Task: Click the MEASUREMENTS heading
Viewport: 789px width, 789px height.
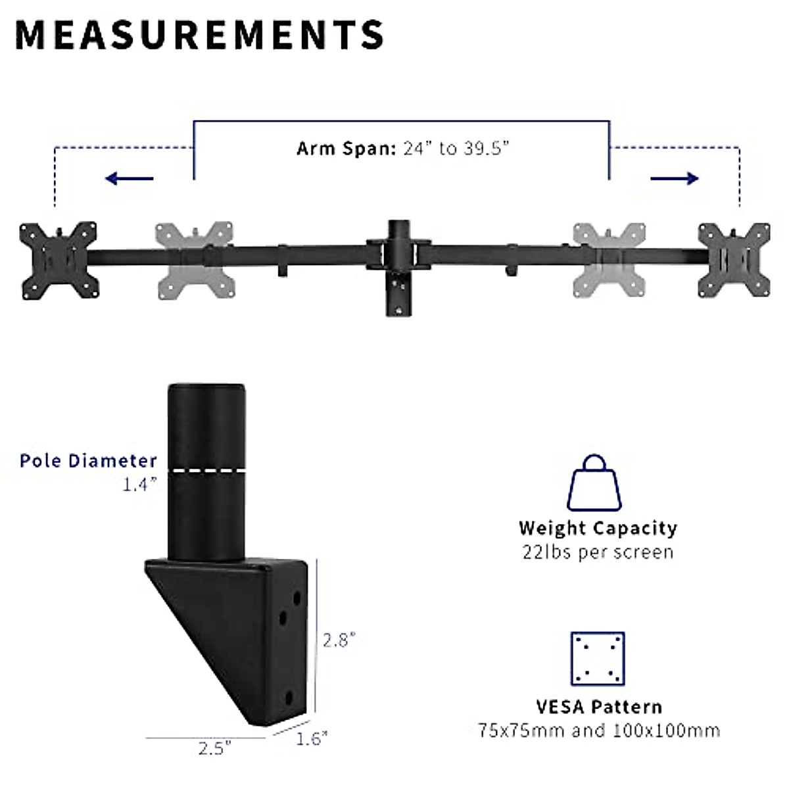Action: pos(199,35)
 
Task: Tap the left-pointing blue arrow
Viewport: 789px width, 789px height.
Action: pos(129,178)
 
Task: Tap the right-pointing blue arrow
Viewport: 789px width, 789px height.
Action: pos(675,178)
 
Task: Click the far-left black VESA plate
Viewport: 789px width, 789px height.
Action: pos(59,259)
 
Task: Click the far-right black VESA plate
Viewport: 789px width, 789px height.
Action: pos(733,260)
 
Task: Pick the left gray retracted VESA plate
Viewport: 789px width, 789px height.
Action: pos(195,260)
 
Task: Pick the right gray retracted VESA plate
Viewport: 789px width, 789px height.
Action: pos(608,260)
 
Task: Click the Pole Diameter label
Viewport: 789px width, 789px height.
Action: pos(88,461)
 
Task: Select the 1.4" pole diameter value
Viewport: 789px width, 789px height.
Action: pos(139,485)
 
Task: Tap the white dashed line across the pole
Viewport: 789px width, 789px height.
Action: pos(206,470)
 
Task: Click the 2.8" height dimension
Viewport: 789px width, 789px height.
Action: pos(339,640)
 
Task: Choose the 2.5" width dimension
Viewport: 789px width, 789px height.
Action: pos(214,748)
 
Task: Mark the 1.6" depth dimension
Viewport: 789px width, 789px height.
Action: pos(311,739)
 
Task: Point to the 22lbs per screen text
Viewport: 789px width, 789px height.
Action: pos(598,552)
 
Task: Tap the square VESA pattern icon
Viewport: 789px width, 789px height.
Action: pos(597,659)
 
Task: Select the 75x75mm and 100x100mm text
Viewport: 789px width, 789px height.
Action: pos(598,730)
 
